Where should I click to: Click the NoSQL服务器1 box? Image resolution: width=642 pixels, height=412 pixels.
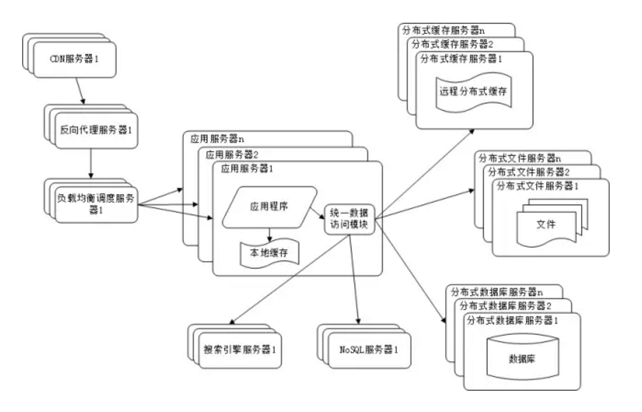364,349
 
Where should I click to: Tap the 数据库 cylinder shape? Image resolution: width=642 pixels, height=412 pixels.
521,358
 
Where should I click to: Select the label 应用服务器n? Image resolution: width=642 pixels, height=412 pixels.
218,139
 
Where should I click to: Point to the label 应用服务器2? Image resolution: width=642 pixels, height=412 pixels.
233,155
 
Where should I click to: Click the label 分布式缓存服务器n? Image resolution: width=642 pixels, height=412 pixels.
443,30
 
